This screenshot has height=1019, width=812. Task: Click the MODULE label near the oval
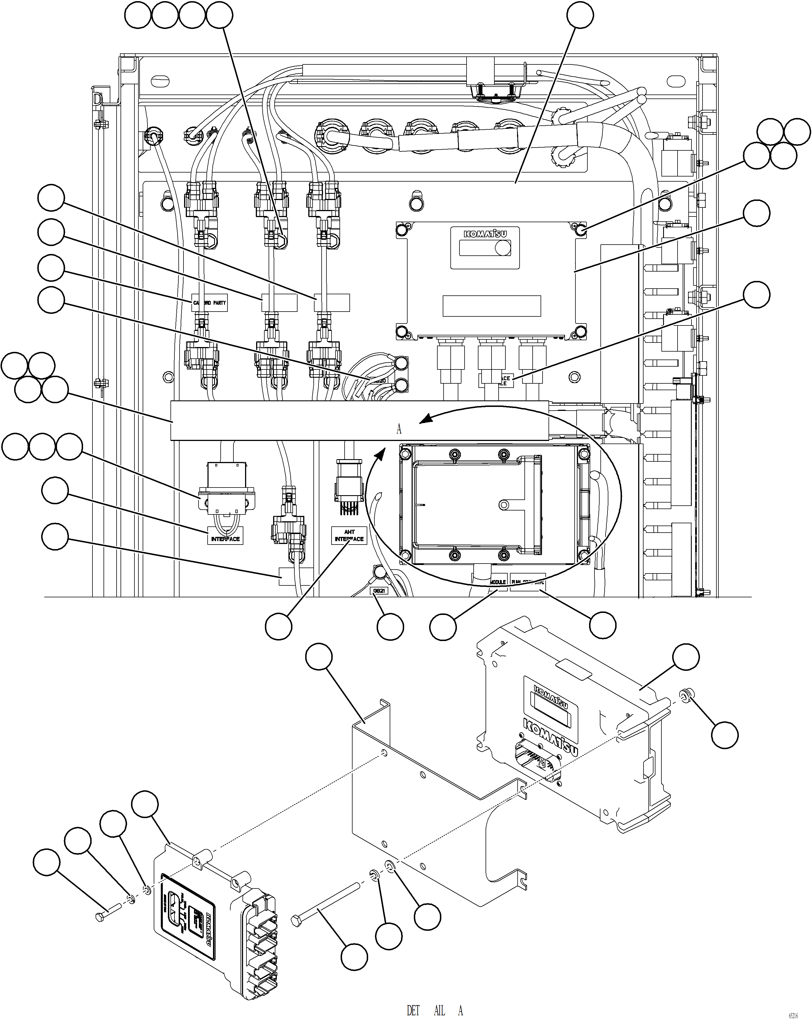(497, 582)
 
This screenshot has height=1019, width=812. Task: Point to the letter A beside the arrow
(399, 429)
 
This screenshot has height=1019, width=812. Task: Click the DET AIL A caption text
(435, 1010)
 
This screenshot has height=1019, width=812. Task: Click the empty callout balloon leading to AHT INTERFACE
(278, 627)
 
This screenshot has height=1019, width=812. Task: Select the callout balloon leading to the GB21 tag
(390, 627)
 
